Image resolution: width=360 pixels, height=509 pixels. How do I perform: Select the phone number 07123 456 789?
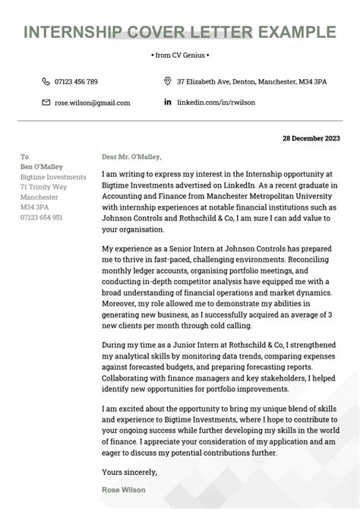pyautogui.click(x=76, y=81)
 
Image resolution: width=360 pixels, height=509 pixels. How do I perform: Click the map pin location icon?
pyautogui.click(x=168, y=81)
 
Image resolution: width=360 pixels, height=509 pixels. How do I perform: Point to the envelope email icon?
pyautogui.click(x=46, y=103)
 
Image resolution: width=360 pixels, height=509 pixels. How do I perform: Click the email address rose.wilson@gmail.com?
pyautogui.click(x=92, y=103)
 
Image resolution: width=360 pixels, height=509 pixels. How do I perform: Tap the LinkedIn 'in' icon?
pyautogui.click(x=168, y=103)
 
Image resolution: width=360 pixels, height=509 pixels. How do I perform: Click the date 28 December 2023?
pyautogui.click(x=312, y=139)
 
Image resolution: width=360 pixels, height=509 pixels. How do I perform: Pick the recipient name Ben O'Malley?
pyautogui.click(x=42, y=166)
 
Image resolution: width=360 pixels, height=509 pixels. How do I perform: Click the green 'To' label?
pyautogui.click(x=24, y=156)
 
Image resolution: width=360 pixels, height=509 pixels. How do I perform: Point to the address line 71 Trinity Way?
pyautogui.click(x=43, y=186)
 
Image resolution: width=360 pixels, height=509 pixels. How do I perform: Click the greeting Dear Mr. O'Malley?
pyautogui.click(x=131, y=157)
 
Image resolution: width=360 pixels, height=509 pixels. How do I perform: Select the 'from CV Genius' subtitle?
pyautogui.click(x=180, y=55)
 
